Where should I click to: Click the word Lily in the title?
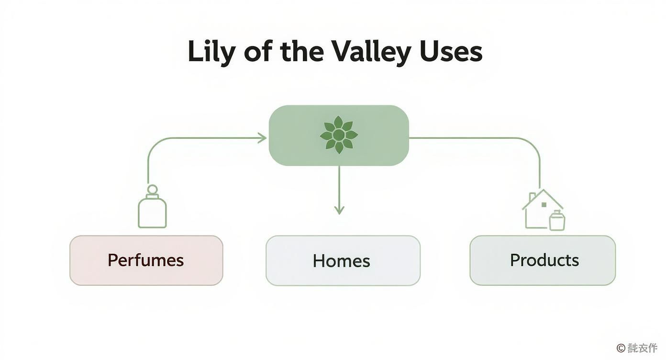(x=211, y=52)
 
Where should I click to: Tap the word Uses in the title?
(x=451, y=52)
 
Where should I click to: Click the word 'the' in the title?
(x=302, y=52)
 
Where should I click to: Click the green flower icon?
(x=339, y=135)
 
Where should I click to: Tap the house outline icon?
(x=541, y=208)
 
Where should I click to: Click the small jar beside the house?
(x=557, y=221)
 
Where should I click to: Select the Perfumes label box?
(x=146, y=260)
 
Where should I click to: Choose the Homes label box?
(x=343, y=261)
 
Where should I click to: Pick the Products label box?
(x=543, y=260)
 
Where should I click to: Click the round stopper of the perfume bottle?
(x=152, y=189)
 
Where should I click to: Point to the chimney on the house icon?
(x=532, y=197)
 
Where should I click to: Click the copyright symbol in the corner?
(x=621, y=348)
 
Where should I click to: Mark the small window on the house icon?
(x=544, y=205)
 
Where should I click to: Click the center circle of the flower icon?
(x=339, y=135)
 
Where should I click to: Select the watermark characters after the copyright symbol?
(x=643, y=348)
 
